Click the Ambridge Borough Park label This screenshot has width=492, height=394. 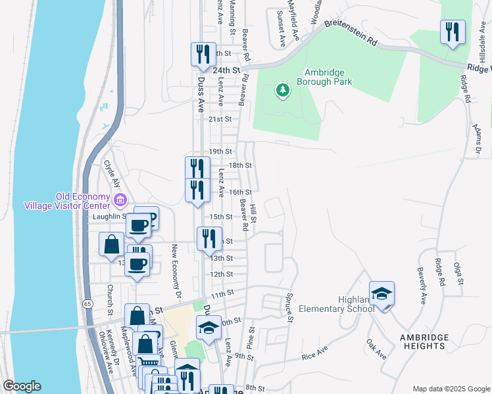tap(324, 77)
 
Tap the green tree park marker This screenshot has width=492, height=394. tap(283, 89)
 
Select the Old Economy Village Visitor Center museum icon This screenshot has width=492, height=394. tap(120, 199)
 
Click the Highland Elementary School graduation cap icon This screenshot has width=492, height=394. tap(381, 294)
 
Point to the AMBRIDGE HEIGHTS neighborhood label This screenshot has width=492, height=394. tap(424, 341)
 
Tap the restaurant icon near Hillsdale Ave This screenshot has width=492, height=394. tap(453, 32)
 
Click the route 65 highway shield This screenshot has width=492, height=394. tap(87, 303)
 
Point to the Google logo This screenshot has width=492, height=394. tap(22, 386)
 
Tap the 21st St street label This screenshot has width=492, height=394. tap(220, 120)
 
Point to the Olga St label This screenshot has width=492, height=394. tap(458, 271)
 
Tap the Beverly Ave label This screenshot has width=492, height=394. tap(421, 285)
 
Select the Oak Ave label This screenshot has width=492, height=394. tap(376, 348)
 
